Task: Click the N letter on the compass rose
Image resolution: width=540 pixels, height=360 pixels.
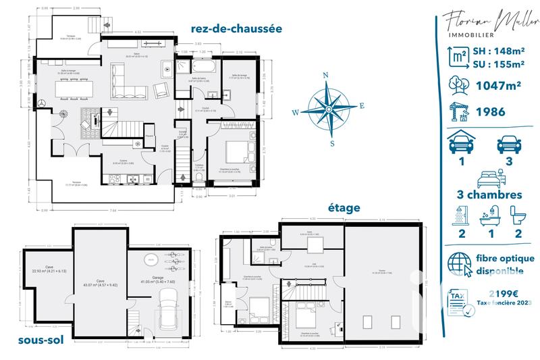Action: click(326, 76)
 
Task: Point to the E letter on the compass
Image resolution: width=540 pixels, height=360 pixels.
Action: click(362, 106)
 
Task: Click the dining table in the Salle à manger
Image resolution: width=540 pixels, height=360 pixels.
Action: click(62, 86)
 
